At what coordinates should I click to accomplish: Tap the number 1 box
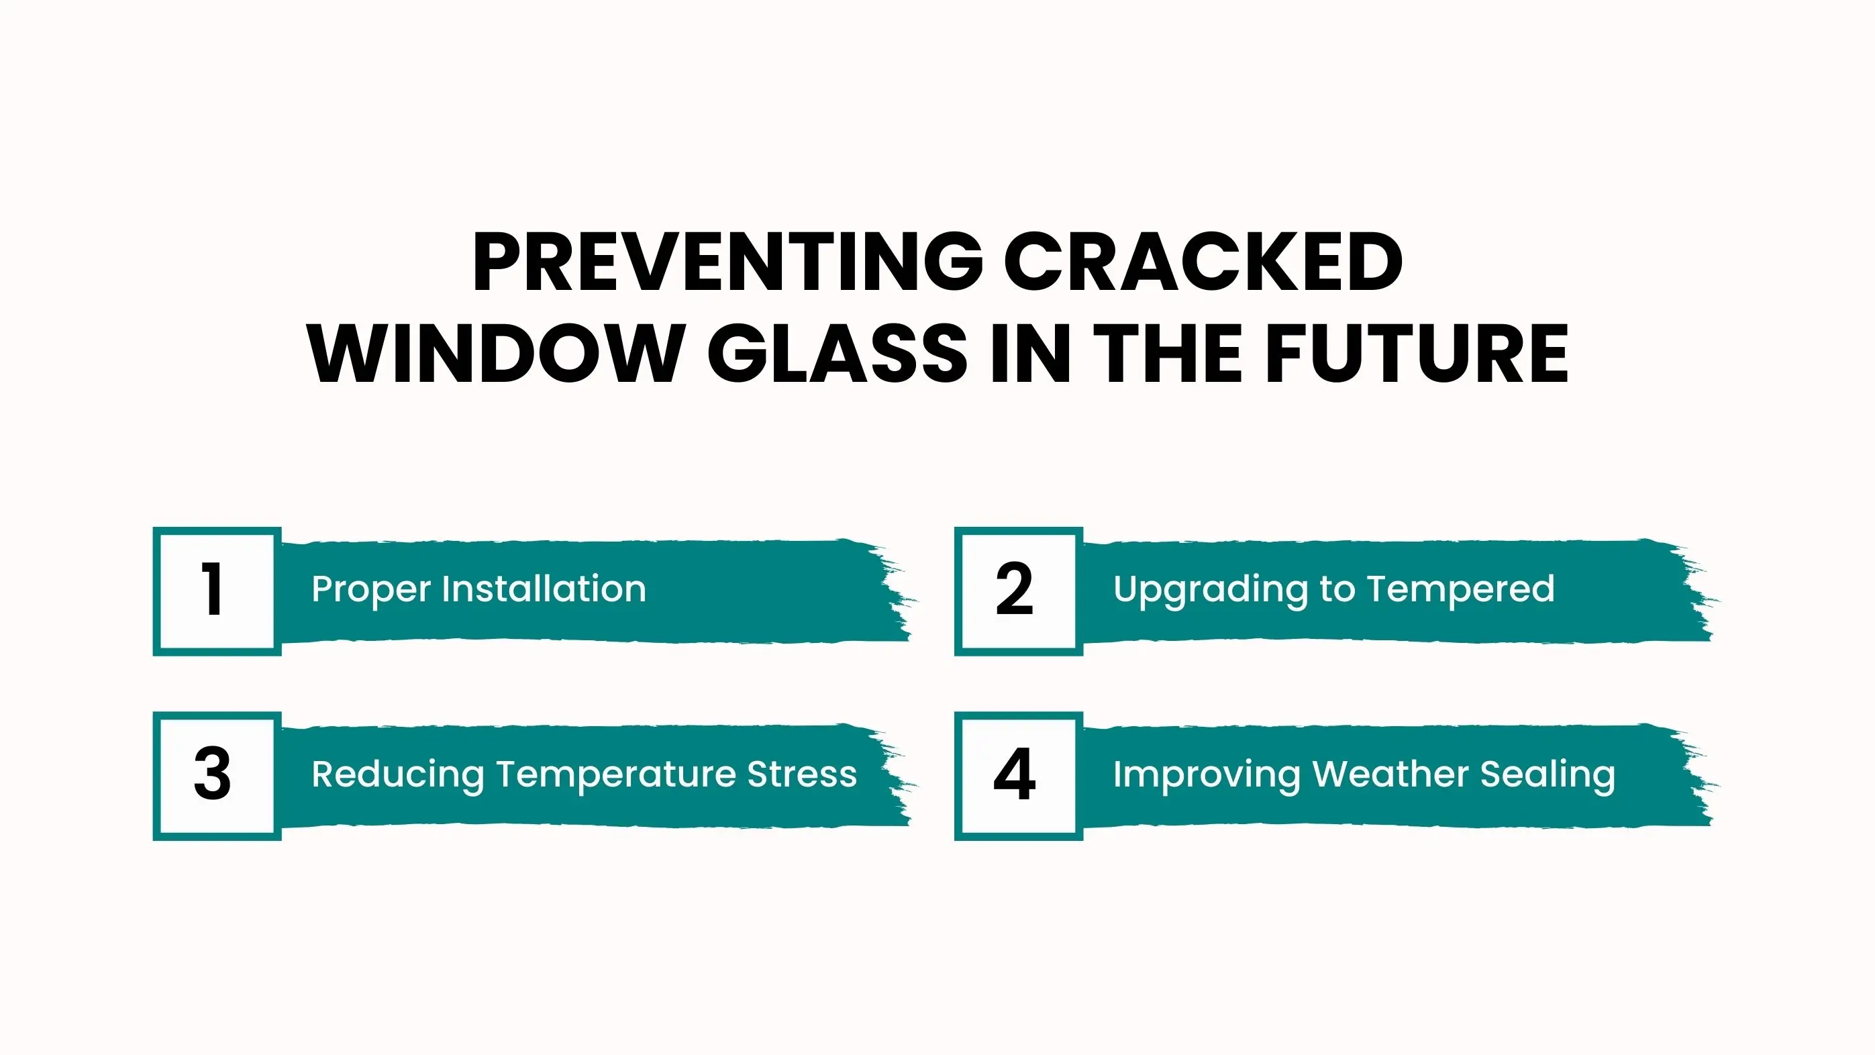pos(217,591)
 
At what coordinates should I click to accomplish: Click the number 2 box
pos(1018,591)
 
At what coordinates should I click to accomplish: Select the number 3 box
pos(217,776)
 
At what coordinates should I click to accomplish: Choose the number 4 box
pos(1018,776)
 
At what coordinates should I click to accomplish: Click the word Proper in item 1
pos(371,590)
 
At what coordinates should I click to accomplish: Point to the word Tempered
pos(1461,590)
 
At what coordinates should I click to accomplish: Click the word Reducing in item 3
pos(397,774)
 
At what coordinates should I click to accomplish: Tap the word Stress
pos(802,774)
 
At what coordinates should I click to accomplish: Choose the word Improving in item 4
pos(1206,774)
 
